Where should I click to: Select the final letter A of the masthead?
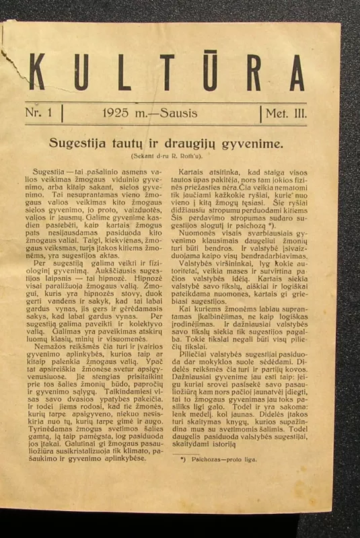coord(297,71)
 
